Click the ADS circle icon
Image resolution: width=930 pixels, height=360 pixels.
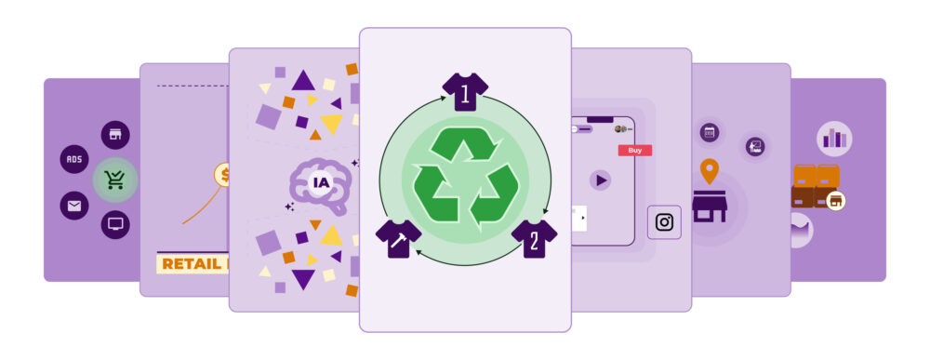(x=74, y=159)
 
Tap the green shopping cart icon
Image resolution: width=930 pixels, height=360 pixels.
(x=115, y=180)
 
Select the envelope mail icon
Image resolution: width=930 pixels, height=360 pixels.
(x=74, y=205)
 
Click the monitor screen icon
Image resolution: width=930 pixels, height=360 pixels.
(x=115, y=224)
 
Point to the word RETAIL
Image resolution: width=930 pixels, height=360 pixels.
(x=191, y=264)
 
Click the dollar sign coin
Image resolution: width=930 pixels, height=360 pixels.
(x=223, y=174)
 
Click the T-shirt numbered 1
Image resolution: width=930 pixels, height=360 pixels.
(x=465, y=91)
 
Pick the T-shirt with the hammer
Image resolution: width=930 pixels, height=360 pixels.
(x=398, y=237)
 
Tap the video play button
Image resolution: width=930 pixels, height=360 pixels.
(x=601, y=180)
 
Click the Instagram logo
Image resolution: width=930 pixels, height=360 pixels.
(x=664, y=222)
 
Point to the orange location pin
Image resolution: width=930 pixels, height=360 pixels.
(x=710, y=171)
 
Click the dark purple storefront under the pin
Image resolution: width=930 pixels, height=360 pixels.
(x=710, y=206)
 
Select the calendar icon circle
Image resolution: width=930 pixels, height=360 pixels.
(x=710, y=132)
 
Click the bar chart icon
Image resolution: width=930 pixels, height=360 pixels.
(x=834, y=140)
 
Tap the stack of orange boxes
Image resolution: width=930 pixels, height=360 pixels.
(x=816, y=184)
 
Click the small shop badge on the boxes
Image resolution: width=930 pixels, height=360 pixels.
(x=835, y=200)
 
